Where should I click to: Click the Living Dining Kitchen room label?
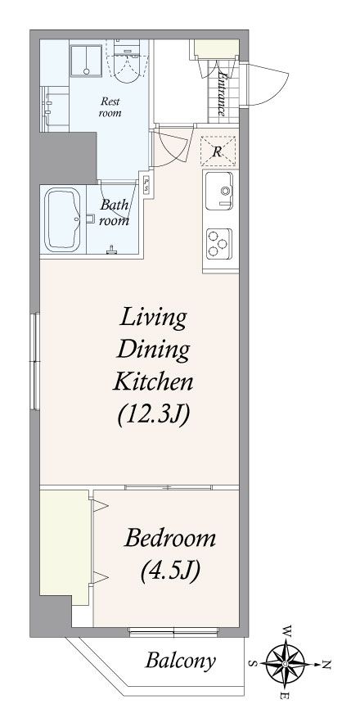coord(154,350)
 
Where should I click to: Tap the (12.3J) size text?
coord(154,415)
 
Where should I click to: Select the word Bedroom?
coord(170,539)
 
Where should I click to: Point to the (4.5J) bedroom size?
coord(170,571)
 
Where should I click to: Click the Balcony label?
coord(180,662)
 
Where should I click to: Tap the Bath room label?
coord(114,212)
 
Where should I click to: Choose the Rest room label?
coord(110,107)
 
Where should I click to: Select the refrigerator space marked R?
coord(218,151)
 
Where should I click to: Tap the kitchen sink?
coord(219,191)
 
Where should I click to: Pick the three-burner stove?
coord(219,244)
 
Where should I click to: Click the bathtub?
coord(62,219)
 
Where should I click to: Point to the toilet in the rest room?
coord(126,61)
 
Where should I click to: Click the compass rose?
coord(285,664)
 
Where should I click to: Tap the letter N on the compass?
coord(326,666)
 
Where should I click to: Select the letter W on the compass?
coord(288,631)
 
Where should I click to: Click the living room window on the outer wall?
coord(34,362)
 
